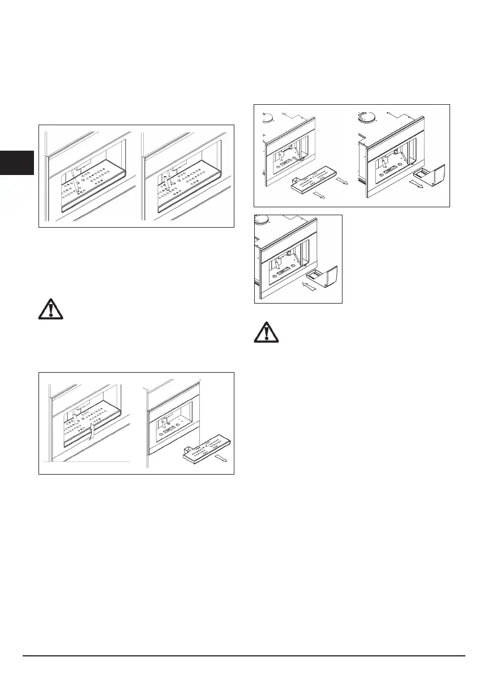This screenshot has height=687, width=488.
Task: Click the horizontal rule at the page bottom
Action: coord(243,656)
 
